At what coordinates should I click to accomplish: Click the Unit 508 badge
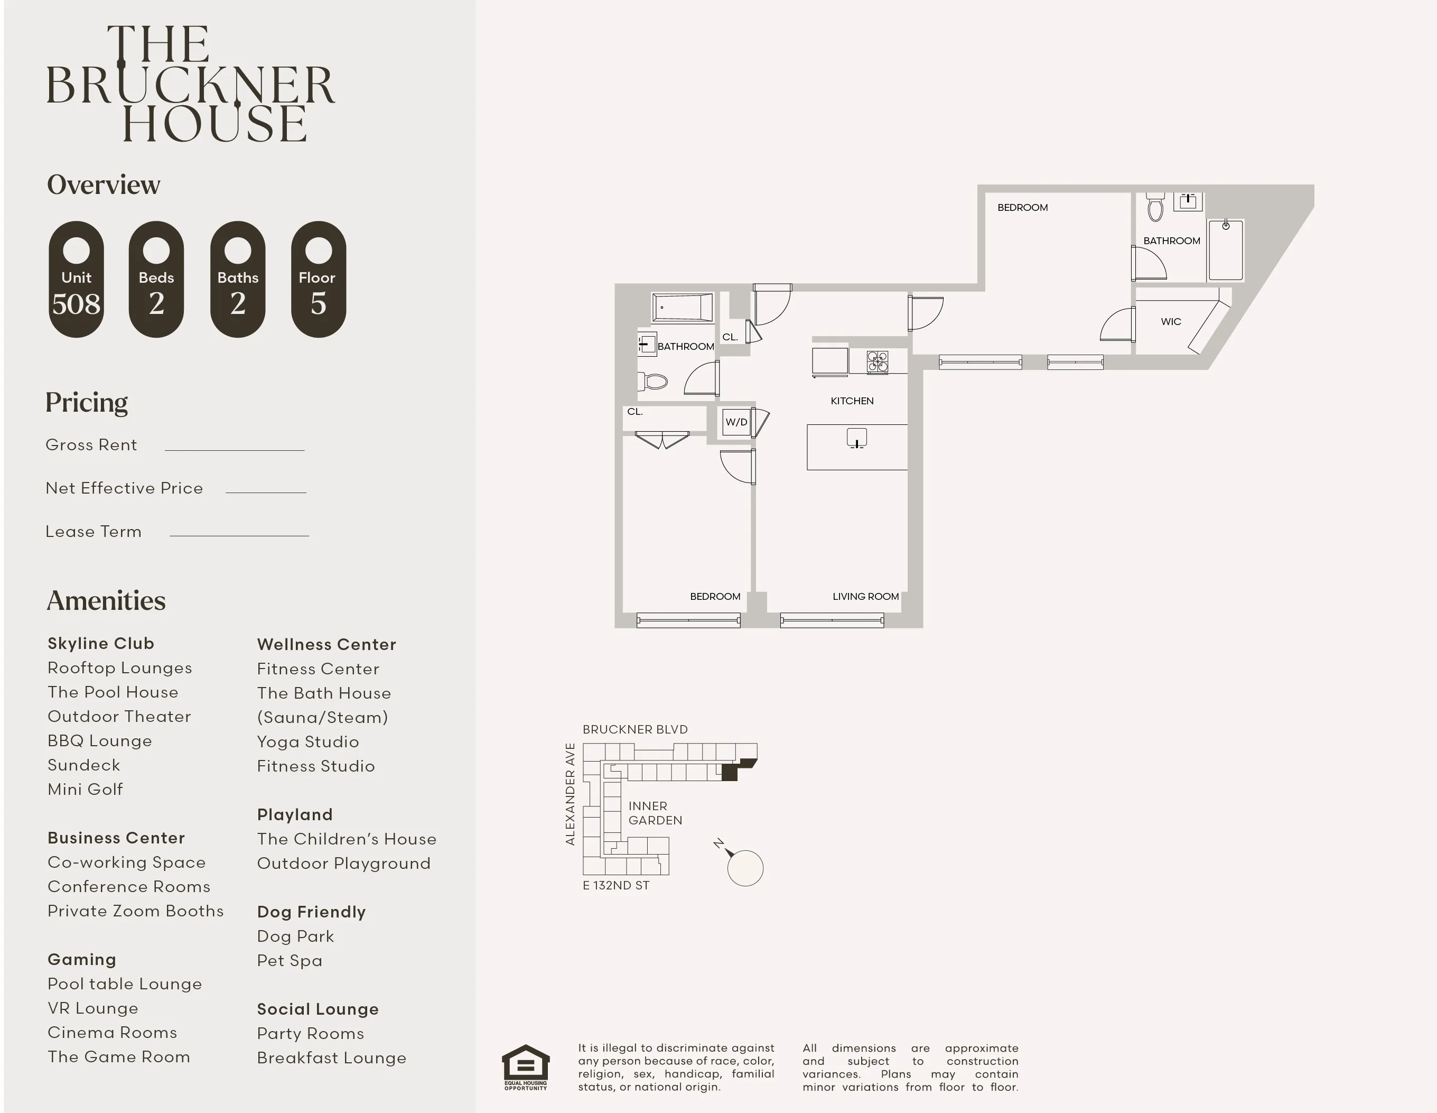pos(76,279)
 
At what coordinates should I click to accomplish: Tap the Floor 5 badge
pos(319,279)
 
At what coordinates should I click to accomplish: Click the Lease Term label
pos(94,532)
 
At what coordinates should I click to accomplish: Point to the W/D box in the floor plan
pos(736,422)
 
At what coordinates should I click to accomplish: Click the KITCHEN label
pos(852,401)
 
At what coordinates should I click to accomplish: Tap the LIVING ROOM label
pos(865,596)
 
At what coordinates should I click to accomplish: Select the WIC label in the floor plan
pos(1171,322)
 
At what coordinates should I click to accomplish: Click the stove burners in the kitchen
pos(877,362)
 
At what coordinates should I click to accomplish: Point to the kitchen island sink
pos(857,438)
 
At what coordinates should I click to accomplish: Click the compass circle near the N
pos(745,868)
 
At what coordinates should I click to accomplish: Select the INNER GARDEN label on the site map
pos(655,813)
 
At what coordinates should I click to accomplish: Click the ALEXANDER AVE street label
pos(571,794)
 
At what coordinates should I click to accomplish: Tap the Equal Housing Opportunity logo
pos(526,1067)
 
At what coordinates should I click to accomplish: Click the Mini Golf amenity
pos(85,789)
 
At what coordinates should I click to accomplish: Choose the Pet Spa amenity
pos(290,961)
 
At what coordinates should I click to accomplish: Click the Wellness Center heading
pos(326,644)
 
